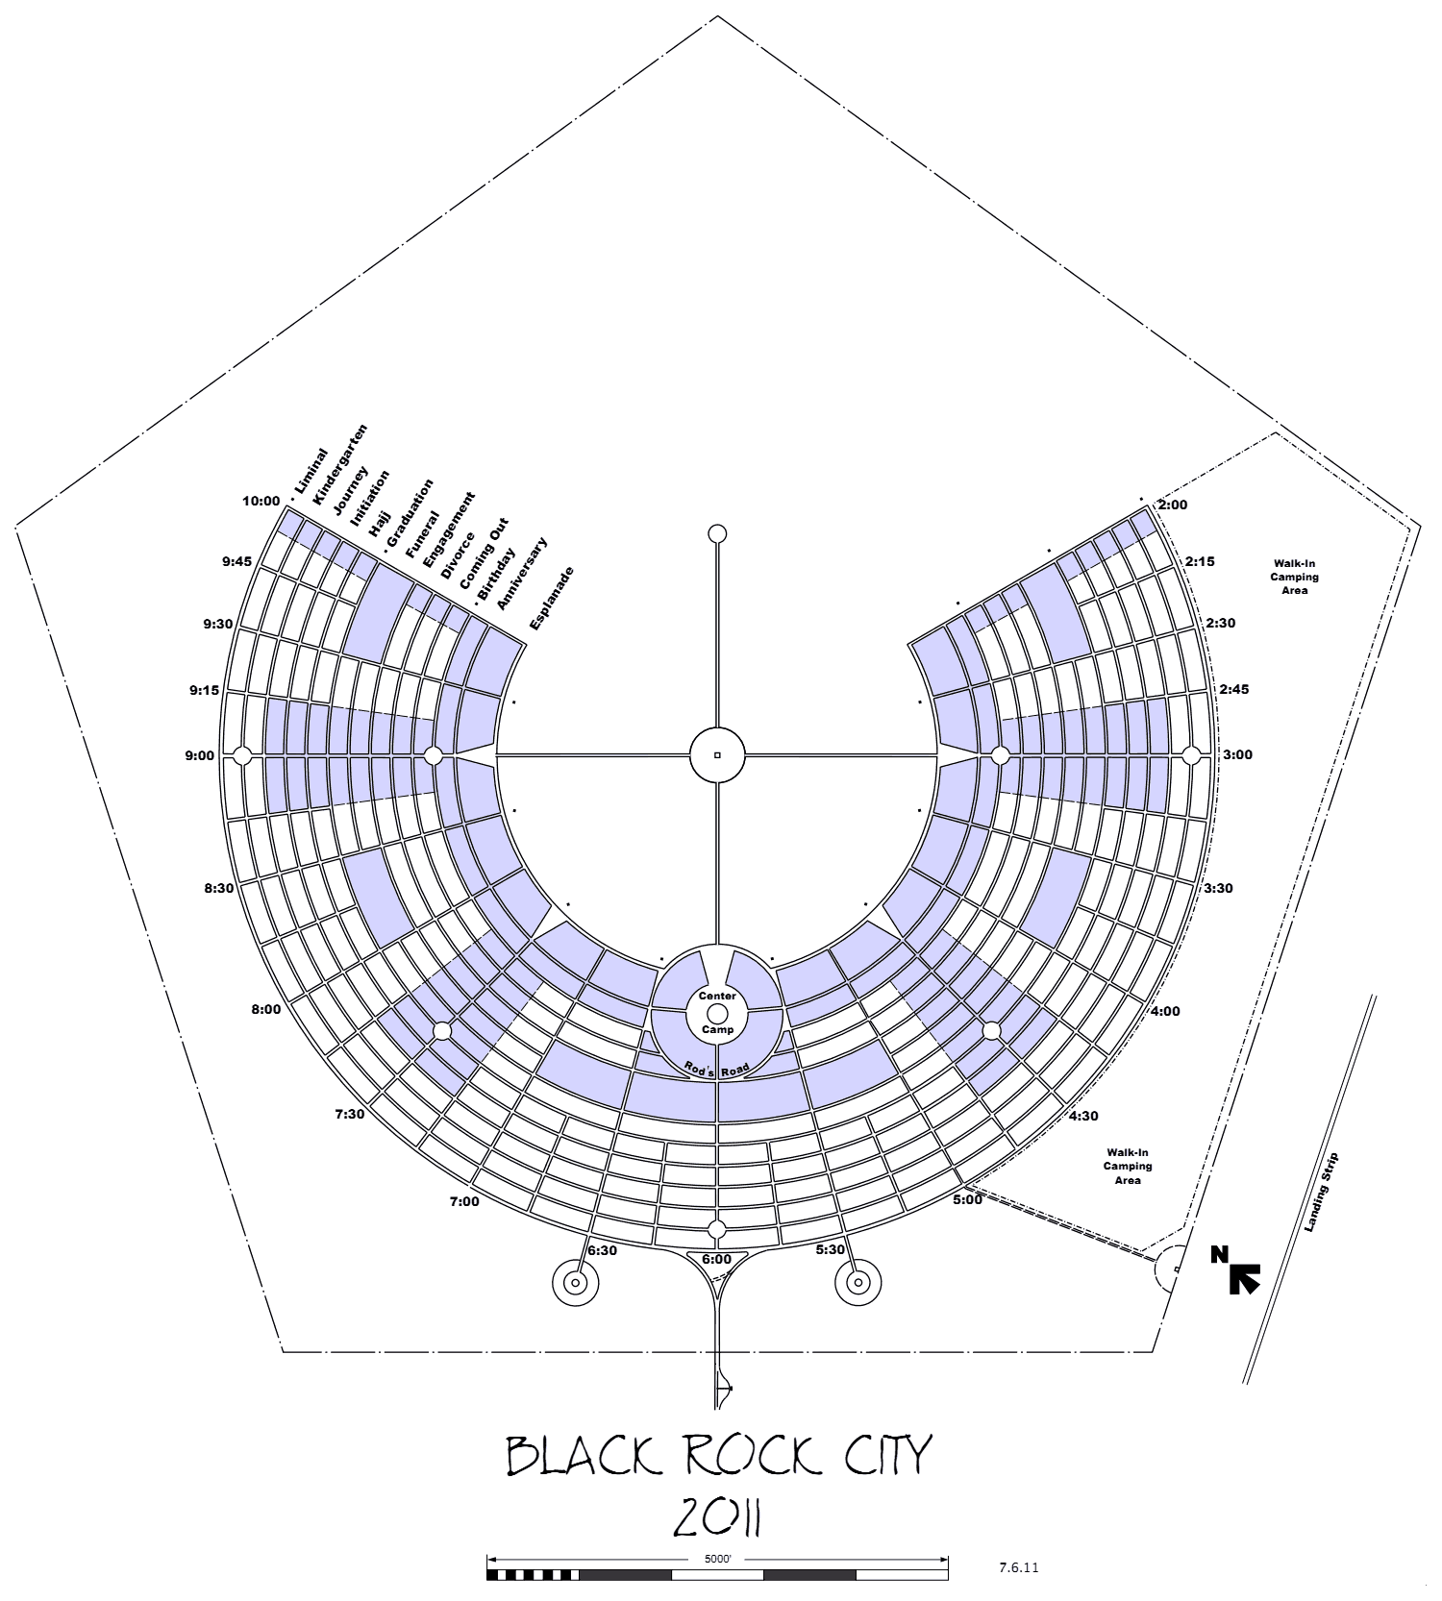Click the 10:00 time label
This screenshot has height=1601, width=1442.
pos(261,501)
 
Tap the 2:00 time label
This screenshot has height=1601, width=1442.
pos(1173,505)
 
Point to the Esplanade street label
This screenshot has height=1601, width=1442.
pos(552,598)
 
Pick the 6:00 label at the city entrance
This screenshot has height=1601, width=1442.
pos(716,1259)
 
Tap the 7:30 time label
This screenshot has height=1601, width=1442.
pos(350,1114)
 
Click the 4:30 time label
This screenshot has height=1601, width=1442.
pos(1083,1116)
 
